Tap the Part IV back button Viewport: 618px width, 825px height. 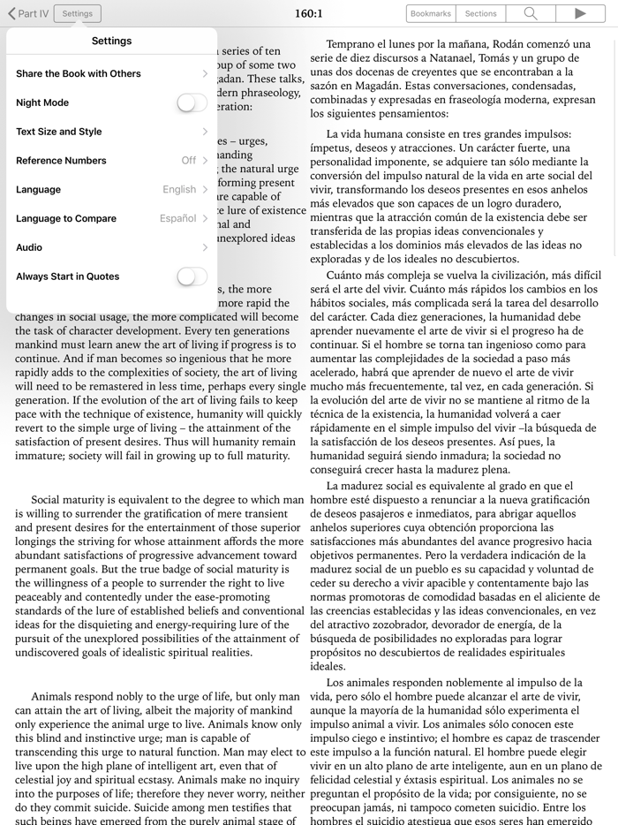click(27, 13)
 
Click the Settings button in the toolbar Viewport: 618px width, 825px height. click(77, 13)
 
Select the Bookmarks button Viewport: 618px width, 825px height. click(431, 13)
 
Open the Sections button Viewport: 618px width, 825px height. click(481, 13)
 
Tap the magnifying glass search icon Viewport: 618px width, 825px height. click(531, 13)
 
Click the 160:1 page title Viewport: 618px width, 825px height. click(309, 13)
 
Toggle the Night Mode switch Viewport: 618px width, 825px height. click(192, 102)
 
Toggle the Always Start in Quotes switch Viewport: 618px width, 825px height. click(192, 276)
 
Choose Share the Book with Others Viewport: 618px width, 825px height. click(79, 73)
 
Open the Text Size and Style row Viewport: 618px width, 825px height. click(59, 132)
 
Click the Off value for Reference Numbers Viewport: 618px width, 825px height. click(189, 161)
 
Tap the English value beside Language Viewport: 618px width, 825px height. click(179, 190)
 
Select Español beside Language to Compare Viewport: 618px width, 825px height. click(177, 218)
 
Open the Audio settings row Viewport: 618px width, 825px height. click(29, 247)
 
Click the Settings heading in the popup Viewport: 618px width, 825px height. click(111, 41)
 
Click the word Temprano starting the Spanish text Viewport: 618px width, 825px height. click(354, 44)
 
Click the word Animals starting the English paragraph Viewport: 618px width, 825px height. click(55, 696)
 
